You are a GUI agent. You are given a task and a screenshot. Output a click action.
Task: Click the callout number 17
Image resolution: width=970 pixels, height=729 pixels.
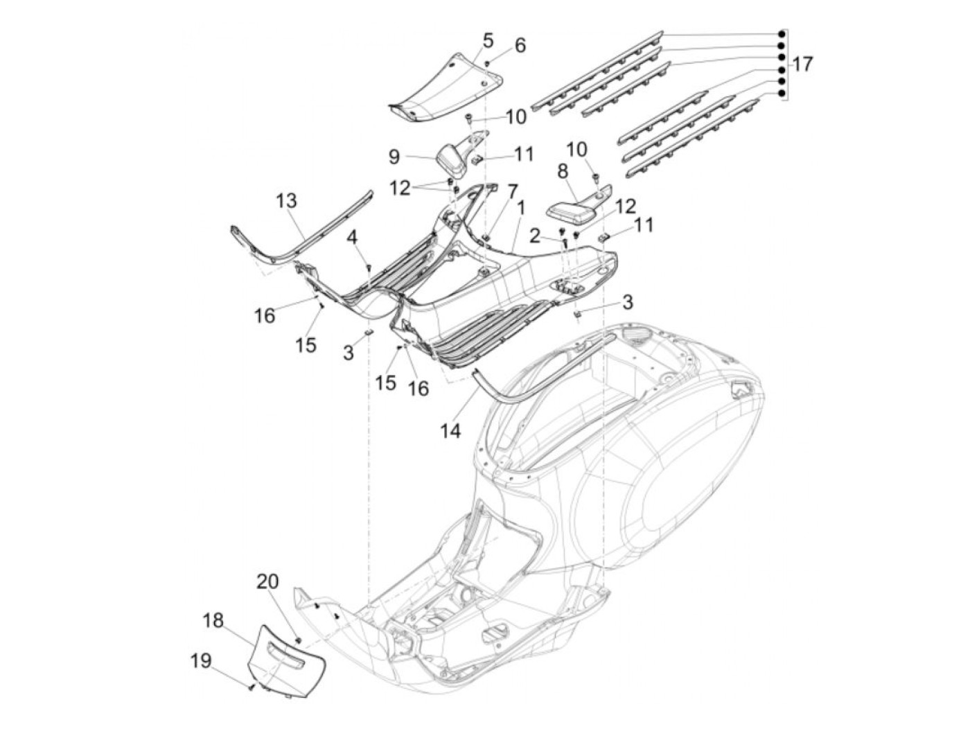[x=802, y=64]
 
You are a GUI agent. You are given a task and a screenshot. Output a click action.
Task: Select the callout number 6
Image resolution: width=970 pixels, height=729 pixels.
[x=520, y=46]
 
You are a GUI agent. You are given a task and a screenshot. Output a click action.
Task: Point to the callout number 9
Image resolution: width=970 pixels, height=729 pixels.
[x=395, y=157]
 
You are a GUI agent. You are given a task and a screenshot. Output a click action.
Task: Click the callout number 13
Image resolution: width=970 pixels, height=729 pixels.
[x=286, y=201]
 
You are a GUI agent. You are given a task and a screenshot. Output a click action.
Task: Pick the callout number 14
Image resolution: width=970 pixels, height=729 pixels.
[x=450, y=431]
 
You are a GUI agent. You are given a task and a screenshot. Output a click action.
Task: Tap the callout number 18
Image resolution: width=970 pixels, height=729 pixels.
[x=213, y=621]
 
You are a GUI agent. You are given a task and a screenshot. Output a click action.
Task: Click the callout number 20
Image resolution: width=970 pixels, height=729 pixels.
[x=268, y=581]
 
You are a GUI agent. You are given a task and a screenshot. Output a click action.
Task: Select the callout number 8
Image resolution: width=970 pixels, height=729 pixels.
[x=562, y=171]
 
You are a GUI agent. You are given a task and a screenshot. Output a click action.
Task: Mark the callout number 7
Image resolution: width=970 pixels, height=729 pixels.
[x=512, y=192]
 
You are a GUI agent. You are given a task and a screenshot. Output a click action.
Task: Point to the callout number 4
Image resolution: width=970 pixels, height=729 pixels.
[x=352, y=238]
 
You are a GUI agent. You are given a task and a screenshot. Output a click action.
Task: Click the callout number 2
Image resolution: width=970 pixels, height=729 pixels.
[x=535, y=237]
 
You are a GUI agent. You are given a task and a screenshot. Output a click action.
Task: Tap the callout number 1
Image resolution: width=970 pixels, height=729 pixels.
[x=521, y=209]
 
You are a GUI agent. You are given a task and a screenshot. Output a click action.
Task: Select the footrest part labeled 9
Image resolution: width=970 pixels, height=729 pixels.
[x=459, y=155]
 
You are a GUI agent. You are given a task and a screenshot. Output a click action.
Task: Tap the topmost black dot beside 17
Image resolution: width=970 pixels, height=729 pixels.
[x=782, y=34]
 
